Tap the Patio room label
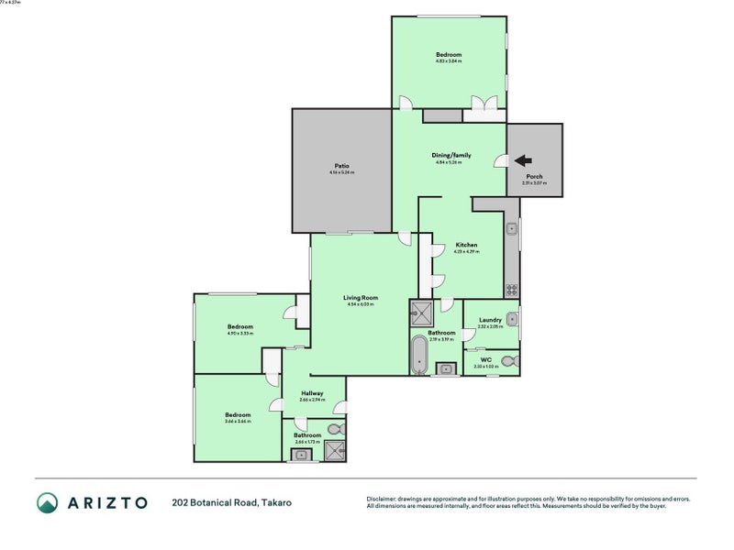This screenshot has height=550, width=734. [341, 166]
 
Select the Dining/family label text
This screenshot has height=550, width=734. [449, 155]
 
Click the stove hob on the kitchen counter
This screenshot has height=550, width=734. [512, 291]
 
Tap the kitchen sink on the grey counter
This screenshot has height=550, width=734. [513, 228]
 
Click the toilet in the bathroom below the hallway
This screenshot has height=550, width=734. [336, 428]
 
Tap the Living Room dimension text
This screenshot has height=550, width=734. [361, 304]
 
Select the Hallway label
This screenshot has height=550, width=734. [312, 393]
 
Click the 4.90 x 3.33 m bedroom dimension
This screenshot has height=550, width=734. [240, 334]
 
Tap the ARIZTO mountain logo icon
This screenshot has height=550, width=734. [47, 502]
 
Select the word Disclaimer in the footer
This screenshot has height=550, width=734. [383, 498]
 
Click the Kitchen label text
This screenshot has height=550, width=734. [467, 245]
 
